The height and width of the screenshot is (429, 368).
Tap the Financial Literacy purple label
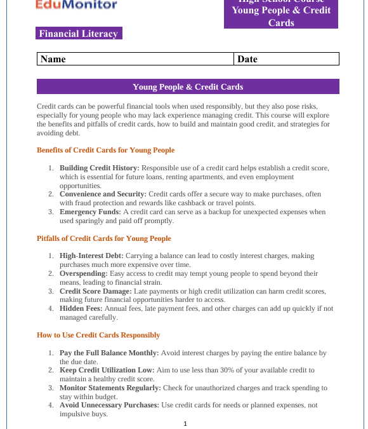(79, 34)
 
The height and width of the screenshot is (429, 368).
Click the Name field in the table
(135, 59)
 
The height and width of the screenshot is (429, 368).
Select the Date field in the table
(286, 59)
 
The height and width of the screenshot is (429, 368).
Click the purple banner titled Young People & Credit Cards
(188, 86)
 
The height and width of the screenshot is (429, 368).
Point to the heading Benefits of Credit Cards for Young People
(105, 151)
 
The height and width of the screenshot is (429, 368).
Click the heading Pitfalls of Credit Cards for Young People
(104, 239)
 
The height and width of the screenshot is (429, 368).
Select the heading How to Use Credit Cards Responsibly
(98, 335)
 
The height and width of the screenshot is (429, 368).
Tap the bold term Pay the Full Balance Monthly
(109, 353)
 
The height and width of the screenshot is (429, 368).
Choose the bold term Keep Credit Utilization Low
(107, 370)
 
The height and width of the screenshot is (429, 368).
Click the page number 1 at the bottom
(185, 423)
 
